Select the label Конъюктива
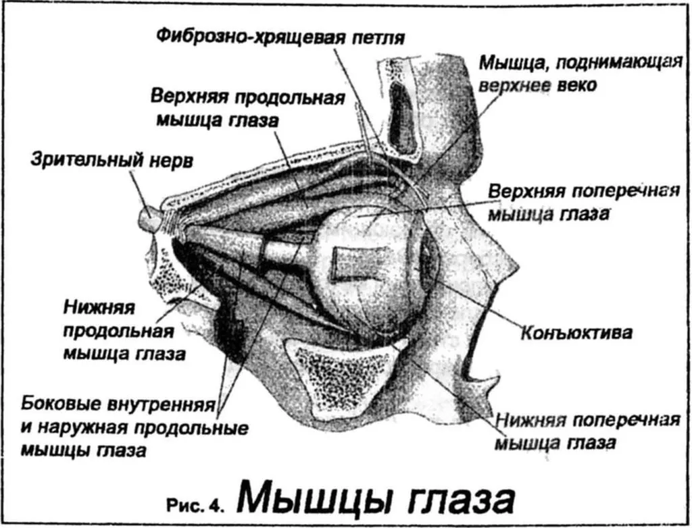576,333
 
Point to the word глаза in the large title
452,500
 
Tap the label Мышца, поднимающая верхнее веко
580,74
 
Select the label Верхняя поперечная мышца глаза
583,203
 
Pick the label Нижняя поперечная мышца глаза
587,431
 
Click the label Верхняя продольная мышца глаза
247,108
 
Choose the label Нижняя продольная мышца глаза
124,331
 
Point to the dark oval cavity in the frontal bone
401,117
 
